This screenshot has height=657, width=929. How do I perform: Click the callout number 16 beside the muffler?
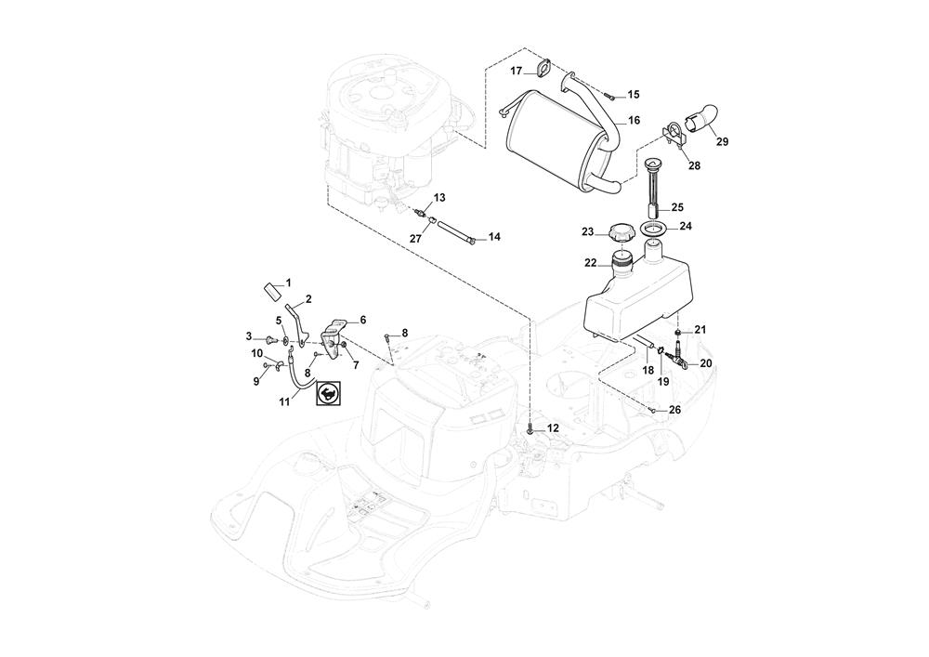pos(634,121)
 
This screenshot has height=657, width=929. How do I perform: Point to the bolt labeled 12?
pos(530,429)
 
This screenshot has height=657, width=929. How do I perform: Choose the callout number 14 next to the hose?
pos(494,238)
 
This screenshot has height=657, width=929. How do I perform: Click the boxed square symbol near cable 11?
pos(328,395)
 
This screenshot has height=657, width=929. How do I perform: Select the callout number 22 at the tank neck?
pos(590,263)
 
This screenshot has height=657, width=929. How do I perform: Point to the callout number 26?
pos(674,409)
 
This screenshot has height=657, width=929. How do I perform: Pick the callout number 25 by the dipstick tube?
pos(677,207)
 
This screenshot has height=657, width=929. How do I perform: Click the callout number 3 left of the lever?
pos(249,335)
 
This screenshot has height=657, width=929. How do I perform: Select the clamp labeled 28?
pos(677,136)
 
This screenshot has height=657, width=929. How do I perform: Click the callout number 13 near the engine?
pos(439,198)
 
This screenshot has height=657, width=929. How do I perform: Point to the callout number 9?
pos(256,381)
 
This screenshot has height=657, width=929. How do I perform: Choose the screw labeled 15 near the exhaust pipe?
pos(608,94)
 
